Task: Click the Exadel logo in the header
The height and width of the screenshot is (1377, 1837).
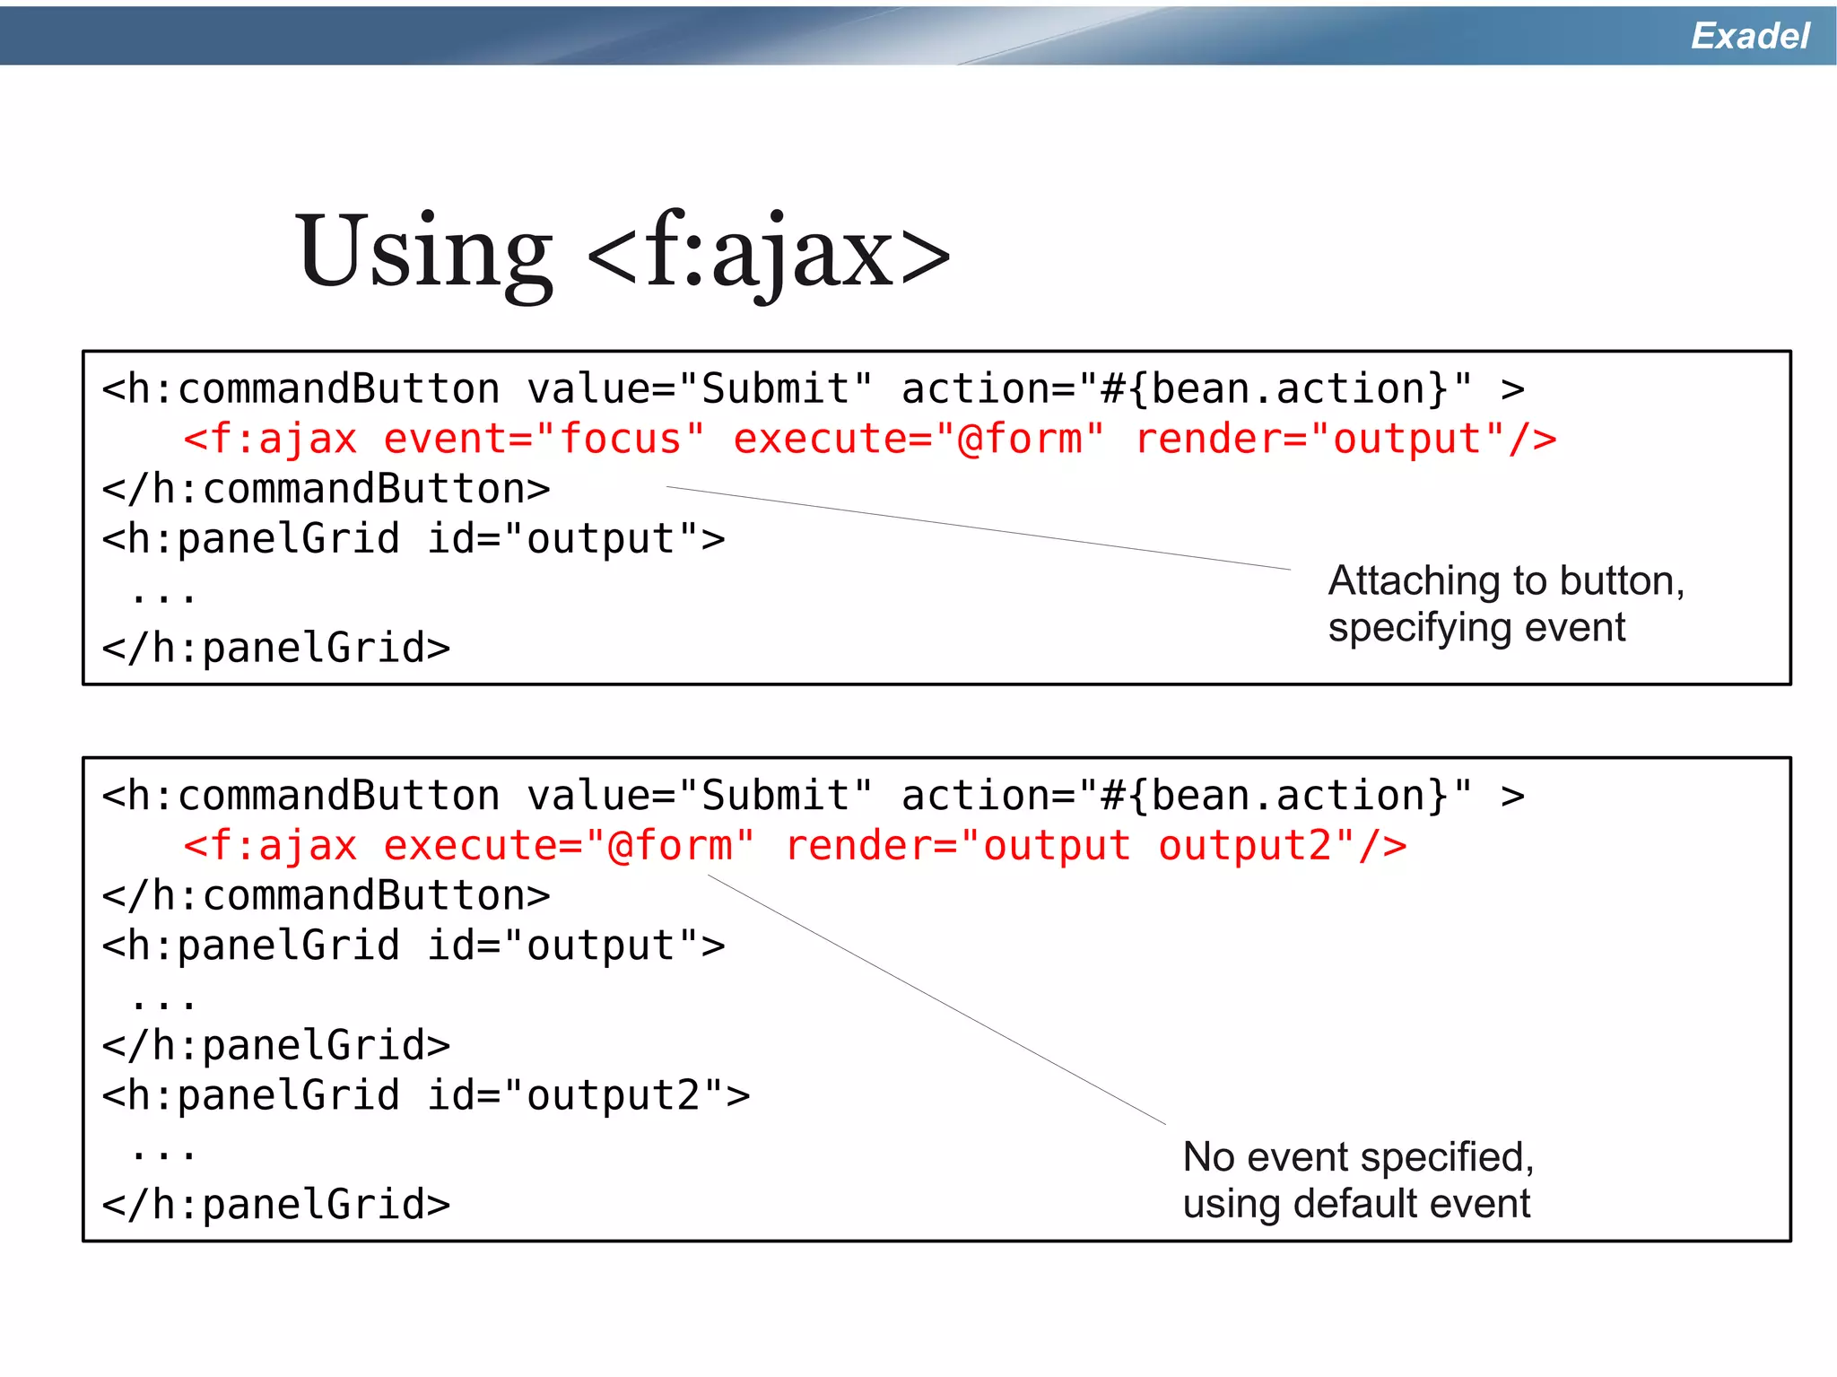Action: (x=1749, y=36)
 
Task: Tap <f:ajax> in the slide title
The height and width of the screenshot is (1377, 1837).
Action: (x=768, y=253)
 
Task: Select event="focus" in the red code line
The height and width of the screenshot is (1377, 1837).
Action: (x=544, y=440)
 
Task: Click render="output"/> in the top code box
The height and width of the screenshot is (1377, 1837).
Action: (x=1345, y=440)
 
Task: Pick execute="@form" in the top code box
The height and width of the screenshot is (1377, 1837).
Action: (x=918, y=440)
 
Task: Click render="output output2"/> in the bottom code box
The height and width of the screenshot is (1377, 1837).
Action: (x=1096, y=846)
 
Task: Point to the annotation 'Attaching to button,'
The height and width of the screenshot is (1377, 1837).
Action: (x=1506, y=580)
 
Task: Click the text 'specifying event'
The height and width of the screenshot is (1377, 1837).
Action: (x=1476, y=627)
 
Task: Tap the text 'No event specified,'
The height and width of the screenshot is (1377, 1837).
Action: (x=1358, y=1157)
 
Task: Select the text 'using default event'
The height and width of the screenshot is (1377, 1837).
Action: (x=1356, y=1204)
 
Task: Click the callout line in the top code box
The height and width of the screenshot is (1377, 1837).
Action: (x=978, y=528)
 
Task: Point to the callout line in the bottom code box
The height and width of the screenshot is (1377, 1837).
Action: (x=937, y=999)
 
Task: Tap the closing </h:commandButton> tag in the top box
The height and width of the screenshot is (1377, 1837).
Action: (x=326, y=490)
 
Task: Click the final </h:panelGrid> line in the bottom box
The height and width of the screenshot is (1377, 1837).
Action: (x=276, y=1205)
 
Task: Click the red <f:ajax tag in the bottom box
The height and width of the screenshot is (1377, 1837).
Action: (x=270, y=846)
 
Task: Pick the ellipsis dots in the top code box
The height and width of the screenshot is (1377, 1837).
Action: (x=163, y=595)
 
